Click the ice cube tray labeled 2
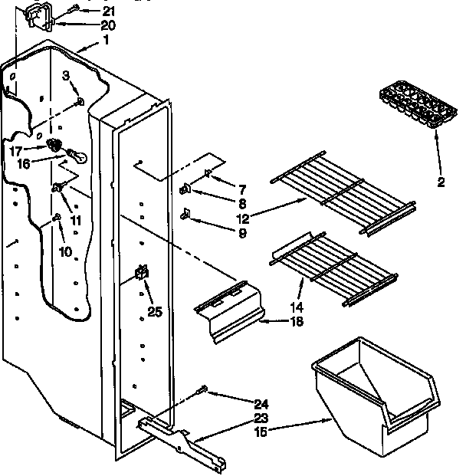coord(413,106)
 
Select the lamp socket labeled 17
coord(54,145)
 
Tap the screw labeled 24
coord(202,391)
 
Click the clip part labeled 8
coord(185,189)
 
